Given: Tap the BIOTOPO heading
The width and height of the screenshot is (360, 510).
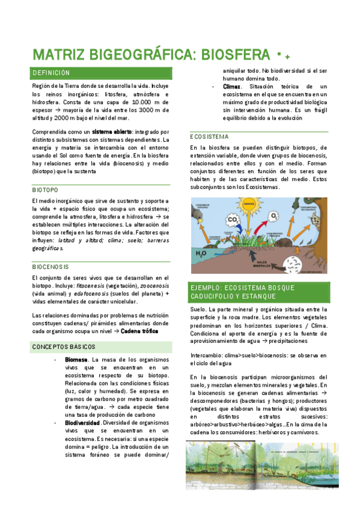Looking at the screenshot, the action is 46,189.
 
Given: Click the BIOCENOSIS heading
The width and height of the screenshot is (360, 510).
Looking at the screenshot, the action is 50,266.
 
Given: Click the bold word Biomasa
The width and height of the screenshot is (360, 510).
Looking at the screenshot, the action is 76,360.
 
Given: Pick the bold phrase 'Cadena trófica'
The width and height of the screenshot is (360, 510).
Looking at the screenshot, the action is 142,331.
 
